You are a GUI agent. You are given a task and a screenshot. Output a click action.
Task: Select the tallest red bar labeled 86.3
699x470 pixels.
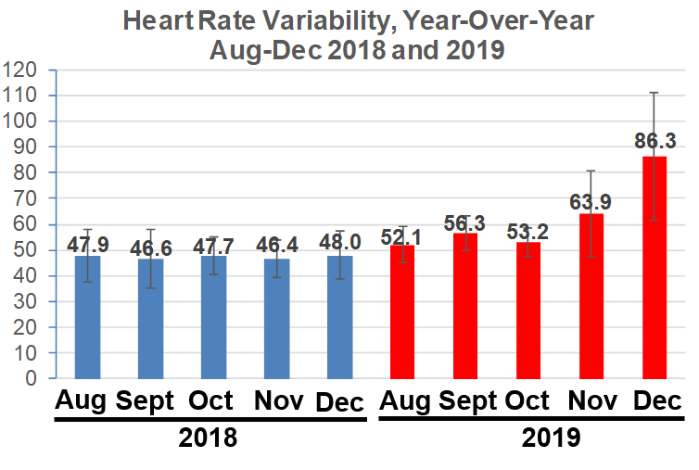coord(655,268)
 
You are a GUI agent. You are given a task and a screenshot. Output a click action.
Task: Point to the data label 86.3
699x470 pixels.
coord(655,141)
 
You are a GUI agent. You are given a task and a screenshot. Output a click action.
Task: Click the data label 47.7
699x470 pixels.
coord(213,246)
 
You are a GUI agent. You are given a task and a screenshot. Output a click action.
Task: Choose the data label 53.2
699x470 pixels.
coord(528,231)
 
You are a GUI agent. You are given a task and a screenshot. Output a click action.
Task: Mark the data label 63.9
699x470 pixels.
coord(591,202)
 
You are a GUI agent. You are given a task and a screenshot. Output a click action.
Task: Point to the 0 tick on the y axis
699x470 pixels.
coord(32,379)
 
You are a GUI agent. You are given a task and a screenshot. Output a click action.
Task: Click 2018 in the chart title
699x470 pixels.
coord(354,49)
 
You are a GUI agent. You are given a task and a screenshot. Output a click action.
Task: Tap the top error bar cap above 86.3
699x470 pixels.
coord(655,93)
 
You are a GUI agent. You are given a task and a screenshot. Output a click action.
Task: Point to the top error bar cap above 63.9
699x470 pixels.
coord(591,171)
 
